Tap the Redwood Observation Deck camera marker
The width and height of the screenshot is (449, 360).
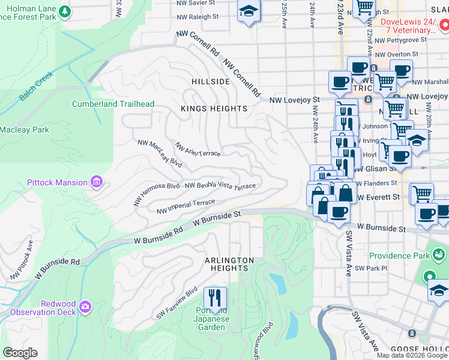click(85, 307)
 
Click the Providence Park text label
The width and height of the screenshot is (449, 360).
click(399, 256)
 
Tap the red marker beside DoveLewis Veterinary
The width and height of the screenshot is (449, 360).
click(443, 25)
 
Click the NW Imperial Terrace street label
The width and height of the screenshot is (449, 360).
click(185, 207)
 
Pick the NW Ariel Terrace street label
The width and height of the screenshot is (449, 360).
click(197, 149)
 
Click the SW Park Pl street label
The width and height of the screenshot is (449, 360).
click(368, 268)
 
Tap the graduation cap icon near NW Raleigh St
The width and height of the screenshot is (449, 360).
click(247, 11)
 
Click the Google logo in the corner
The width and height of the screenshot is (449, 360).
click(20, 353)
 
